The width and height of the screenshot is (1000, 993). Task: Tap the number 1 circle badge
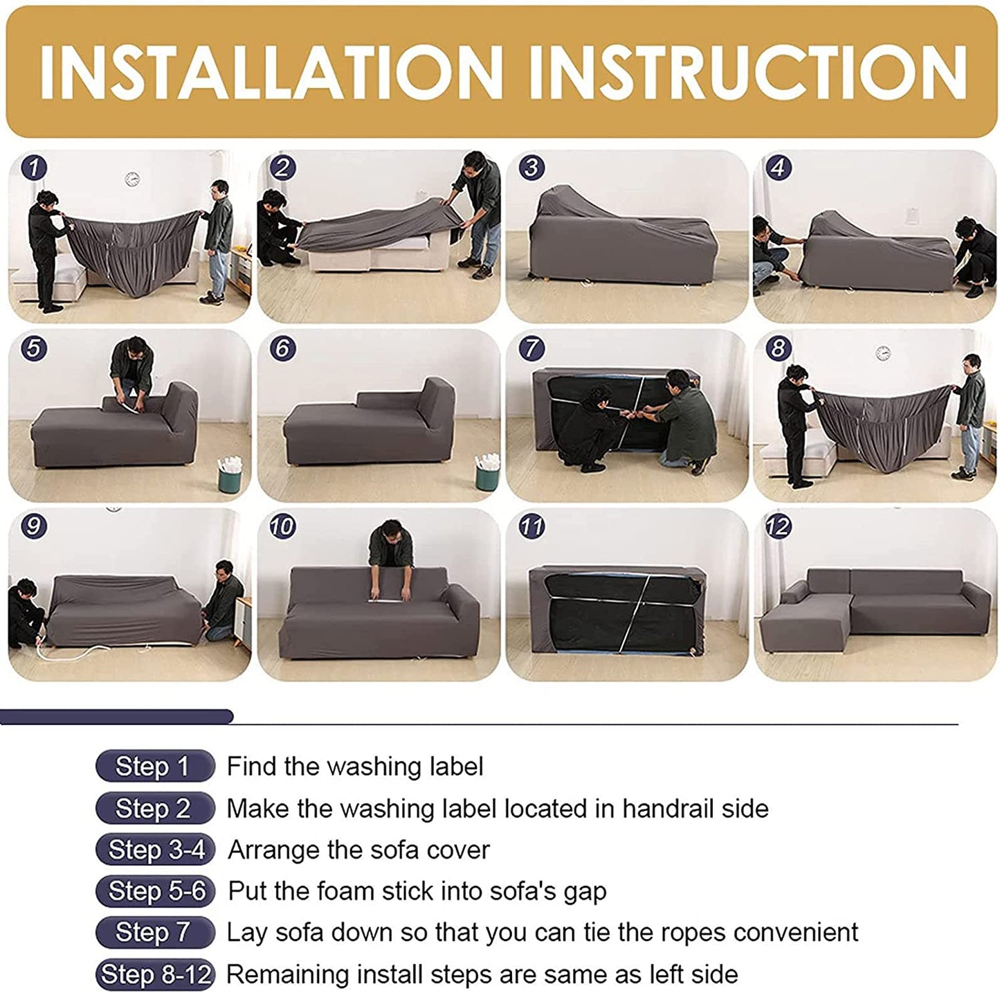[x=34, y=168]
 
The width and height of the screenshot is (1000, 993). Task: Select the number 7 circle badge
[x=531, y=348]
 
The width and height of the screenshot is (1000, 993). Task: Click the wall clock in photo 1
[x=133, y=179]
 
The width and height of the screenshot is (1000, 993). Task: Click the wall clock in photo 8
[x=882, y=353]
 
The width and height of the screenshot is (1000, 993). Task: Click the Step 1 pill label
[x=154, y=766]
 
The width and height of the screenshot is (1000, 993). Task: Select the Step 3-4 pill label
[x=156, y=850]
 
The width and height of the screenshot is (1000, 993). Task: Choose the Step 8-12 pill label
[x=156, y=974]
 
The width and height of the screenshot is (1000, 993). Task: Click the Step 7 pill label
[x=154, y=932]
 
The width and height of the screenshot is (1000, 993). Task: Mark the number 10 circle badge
[x=282, y=527]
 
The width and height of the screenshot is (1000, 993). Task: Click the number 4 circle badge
[x=779, y=168]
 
